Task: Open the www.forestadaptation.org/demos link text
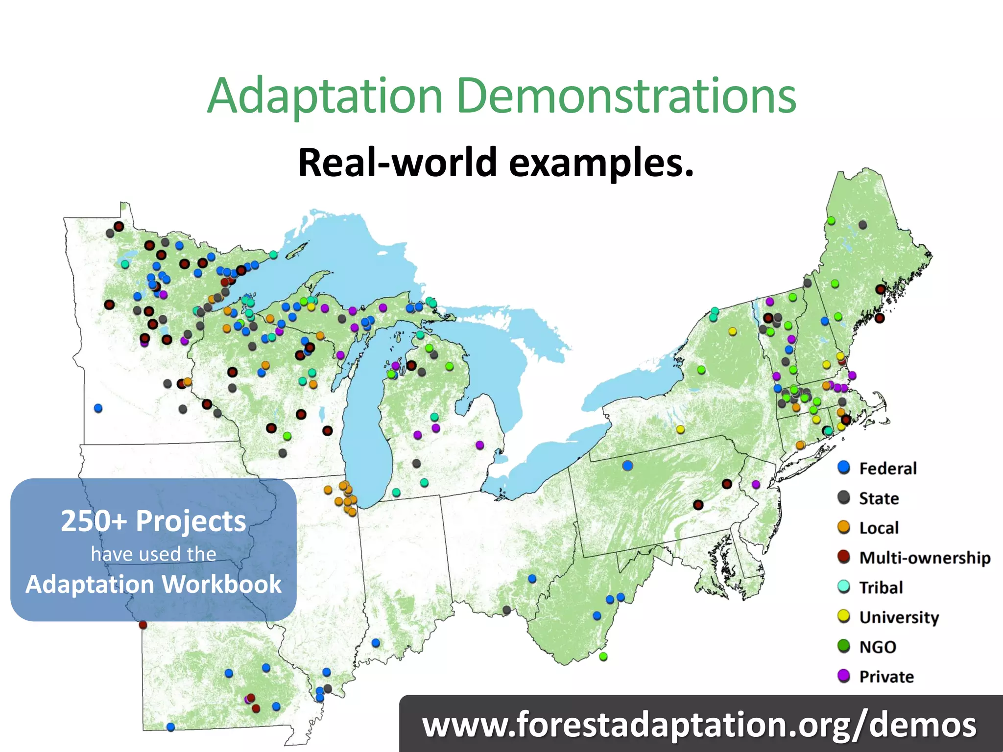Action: (699, 725)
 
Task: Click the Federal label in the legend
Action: (887, 469)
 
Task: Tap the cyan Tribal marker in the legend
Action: (843, 587)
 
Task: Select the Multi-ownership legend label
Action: (925, 558)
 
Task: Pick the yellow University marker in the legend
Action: (843, 616)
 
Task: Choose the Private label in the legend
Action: (886, 677)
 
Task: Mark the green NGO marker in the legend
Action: (843, 646)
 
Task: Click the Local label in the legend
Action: (879, 528)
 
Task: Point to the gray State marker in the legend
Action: (843, 497)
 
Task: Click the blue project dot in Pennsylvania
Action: (627, 466)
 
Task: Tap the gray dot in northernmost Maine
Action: (863, 225)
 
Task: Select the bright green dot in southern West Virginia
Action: (603, 657)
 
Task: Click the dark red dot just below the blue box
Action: (143, 625)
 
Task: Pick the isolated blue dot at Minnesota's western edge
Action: (98, 408)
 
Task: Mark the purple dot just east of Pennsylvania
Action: (756, 484)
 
